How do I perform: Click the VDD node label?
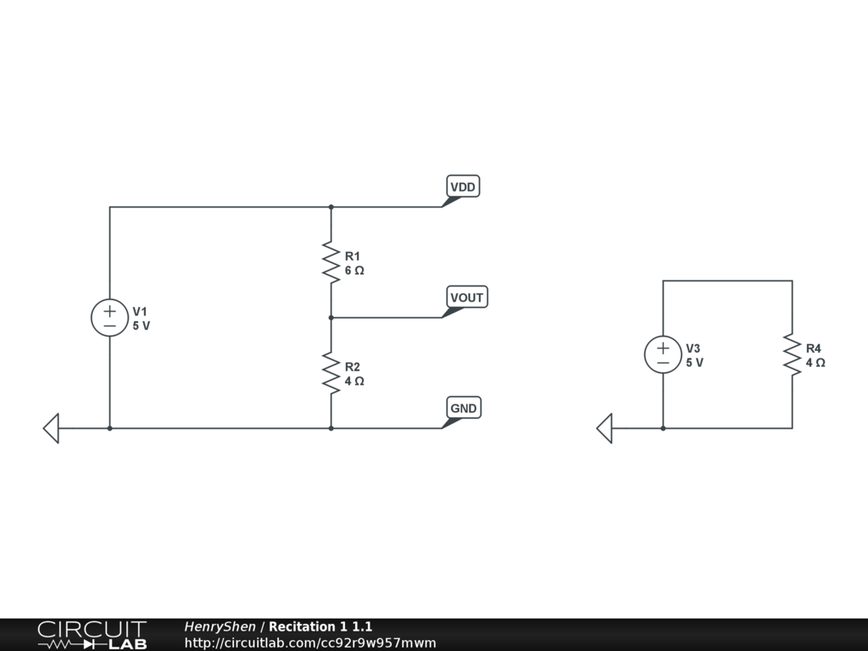point(463,186)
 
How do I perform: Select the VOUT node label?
point(467,298)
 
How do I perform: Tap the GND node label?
point(464,408)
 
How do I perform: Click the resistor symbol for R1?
point(331,263)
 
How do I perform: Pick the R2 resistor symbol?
point(331,373)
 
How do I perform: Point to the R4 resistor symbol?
point(793,355)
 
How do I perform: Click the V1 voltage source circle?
point(109,318)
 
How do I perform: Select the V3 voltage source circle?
point(663,355)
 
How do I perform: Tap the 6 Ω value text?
point(354,270)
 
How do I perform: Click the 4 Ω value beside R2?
point(354,381)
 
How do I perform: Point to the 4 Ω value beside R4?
point(815,363)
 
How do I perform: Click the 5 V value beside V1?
point(142,326)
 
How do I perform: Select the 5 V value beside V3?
point(695,363)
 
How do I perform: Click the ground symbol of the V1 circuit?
point(51,428)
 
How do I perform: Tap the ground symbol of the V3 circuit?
point(604,428)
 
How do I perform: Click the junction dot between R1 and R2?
point(331,318)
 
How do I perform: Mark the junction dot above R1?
point(331,207)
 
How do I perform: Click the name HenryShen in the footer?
point(220,626)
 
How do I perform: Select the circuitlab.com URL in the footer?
point(310,643)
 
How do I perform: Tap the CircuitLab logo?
point(92,635)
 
